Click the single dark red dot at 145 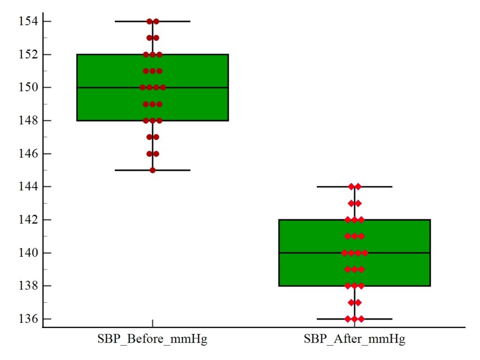click(x=153, y=170)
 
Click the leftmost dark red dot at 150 click(x=143, y=87)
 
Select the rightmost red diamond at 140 click(x=365, y=253)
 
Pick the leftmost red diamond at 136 click(x=348, y=319)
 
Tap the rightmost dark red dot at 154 click(x=156, y=21)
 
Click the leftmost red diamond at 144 click(x=351, y=187)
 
